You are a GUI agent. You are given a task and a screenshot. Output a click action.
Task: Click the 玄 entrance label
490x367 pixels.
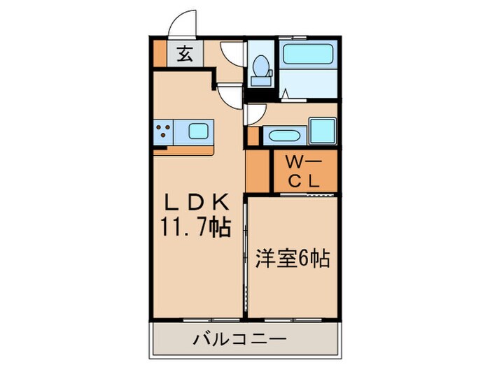coord(184,53)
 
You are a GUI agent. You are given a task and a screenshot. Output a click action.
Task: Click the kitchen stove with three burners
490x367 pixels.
coord(166,130)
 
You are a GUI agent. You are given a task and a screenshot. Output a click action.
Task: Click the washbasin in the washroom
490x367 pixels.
coord(283,135)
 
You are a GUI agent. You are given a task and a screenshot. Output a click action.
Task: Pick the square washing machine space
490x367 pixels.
coord(323,131)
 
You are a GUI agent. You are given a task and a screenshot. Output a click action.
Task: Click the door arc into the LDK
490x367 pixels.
coord(228,94)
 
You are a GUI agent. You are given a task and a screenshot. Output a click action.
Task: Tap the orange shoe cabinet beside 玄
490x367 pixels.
coord(160,53)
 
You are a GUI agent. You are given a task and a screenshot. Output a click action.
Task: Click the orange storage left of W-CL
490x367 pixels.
coord(257,172)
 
